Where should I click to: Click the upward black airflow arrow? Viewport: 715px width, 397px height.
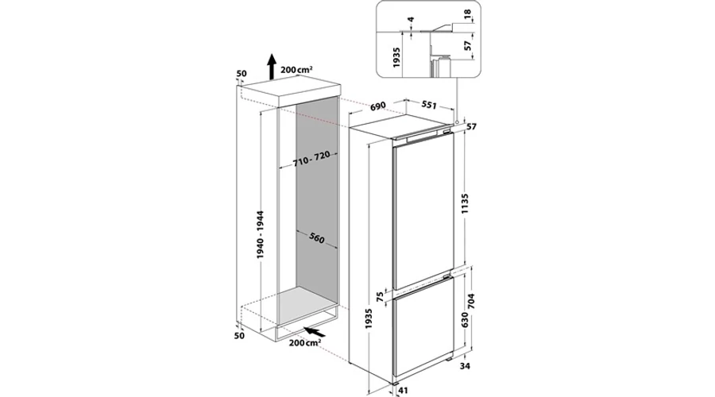(x=272, y=67)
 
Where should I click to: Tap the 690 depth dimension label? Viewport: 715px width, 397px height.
(x=378, y=106)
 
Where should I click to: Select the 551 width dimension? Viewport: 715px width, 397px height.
(x=429, y=105)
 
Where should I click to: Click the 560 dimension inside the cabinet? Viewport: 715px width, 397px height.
(x=316, y=237)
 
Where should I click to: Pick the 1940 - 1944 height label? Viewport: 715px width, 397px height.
(x=261, y=235)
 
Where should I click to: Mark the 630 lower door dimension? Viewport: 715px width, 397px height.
(x=464, y=322)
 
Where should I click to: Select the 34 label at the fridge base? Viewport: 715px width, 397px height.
(x=465, y=365)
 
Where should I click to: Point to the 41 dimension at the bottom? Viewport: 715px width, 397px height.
(x=403, y=391)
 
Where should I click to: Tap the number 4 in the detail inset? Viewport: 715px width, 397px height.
(x=411, y=20)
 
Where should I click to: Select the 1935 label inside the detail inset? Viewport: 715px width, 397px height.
(x=396, y=57)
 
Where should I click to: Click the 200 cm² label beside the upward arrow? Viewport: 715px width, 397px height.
(x=296, y=70)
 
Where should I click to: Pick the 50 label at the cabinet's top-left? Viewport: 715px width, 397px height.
(x=242, y=74)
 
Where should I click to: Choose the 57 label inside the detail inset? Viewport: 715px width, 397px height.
(x=466, y=47)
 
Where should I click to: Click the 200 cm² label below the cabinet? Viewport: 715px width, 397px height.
(x=304, y=342)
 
